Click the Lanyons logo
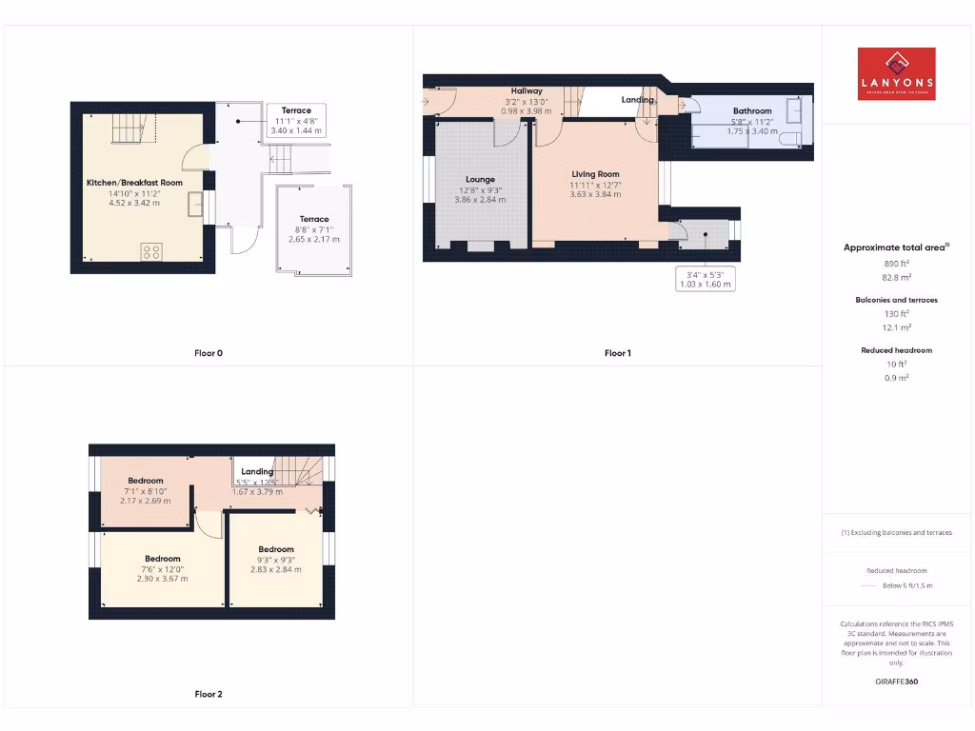click(x=896, y=74)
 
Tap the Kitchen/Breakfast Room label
click(x=134, y=182)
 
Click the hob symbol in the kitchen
click(x=151, y=251)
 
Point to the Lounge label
click(x=480, y=179)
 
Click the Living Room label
click(x=595, y=174)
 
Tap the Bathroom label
click(x=752, y=111)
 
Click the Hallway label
click(x=526, y=91)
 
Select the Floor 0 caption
click(x=209, y=353)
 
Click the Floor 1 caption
click(x=617, y=353)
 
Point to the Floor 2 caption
click(x=209, y=694)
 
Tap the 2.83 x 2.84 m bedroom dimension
click(x=276, y=569)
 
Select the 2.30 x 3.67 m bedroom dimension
click(x=163, y=579)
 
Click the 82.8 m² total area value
click(x=895, y=277)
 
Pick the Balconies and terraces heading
click(x=896, y=300)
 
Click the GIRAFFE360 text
click(x=896, y=682)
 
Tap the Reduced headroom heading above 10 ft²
click(x=896, y=350)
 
